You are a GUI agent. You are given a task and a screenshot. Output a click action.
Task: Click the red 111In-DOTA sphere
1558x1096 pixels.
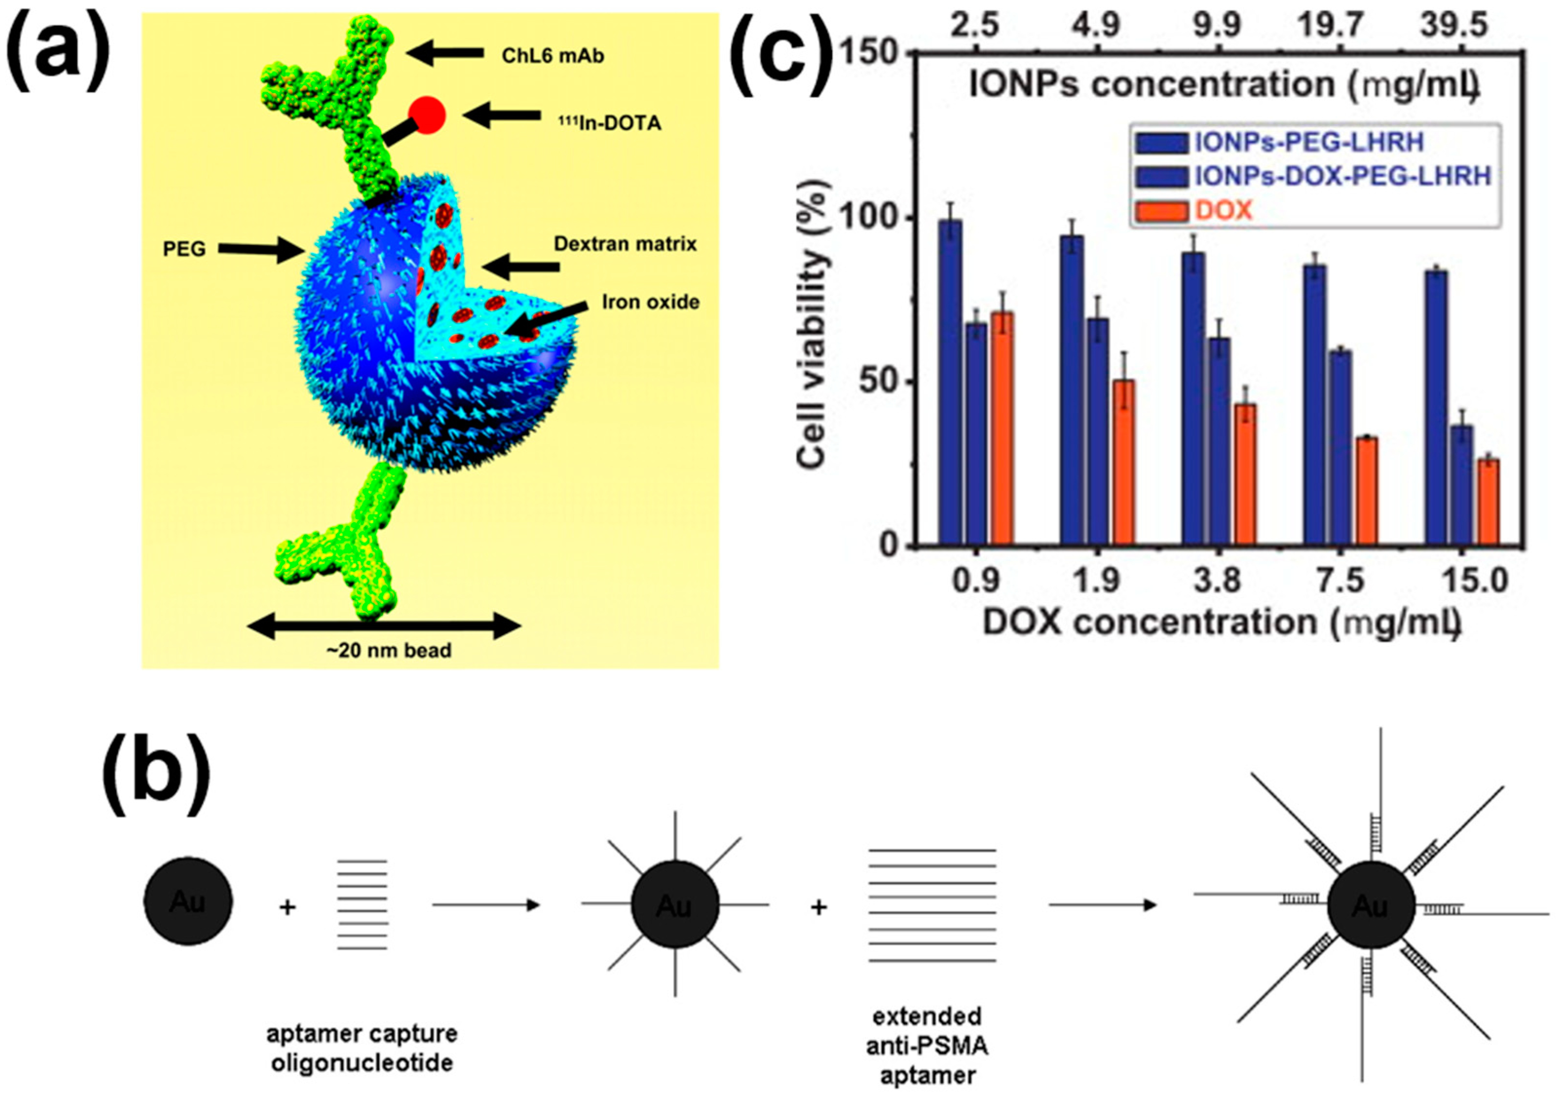point(427,115)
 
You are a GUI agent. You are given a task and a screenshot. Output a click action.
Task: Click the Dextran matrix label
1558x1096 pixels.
point(625,245)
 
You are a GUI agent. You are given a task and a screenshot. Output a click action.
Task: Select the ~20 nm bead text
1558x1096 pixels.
point(389,651)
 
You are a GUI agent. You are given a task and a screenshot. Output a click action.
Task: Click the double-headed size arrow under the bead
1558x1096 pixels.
point(384,626)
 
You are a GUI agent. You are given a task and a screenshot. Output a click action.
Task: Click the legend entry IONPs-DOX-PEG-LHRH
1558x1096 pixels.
point(1342,176)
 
